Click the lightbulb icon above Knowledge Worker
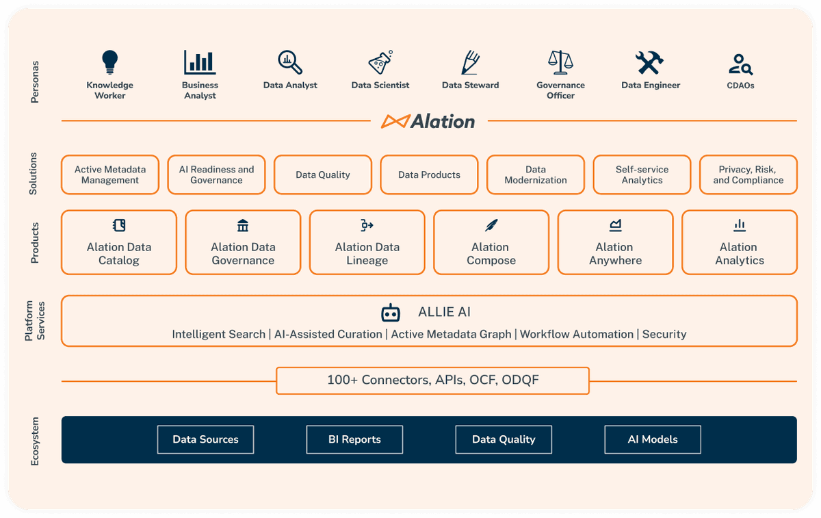pos(109,62)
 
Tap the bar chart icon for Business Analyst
pos(200,62)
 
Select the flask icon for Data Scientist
pos(380,62)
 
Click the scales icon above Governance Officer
pos(560,62)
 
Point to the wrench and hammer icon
pos(650,63)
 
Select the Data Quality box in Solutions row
pos(323,174)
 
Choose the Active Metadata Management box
pos(110,174)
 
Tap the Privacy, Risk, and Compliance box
pos(748,174)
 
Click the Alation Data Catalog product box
pos(119,242)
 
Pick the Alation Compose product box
pos(491,242)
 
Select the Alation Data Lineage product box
pos(367,242)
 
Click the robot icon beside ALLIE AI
pos(391,313)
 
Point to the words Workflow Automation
pos(576,335)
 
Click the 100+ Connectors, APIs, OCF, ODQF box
pos(432,380)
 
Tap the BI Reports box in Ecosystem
pos(354,439)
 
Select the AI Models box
pos(653,439)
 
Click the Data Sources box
pos(205,439)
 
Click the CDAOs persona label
pos(740,86)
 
